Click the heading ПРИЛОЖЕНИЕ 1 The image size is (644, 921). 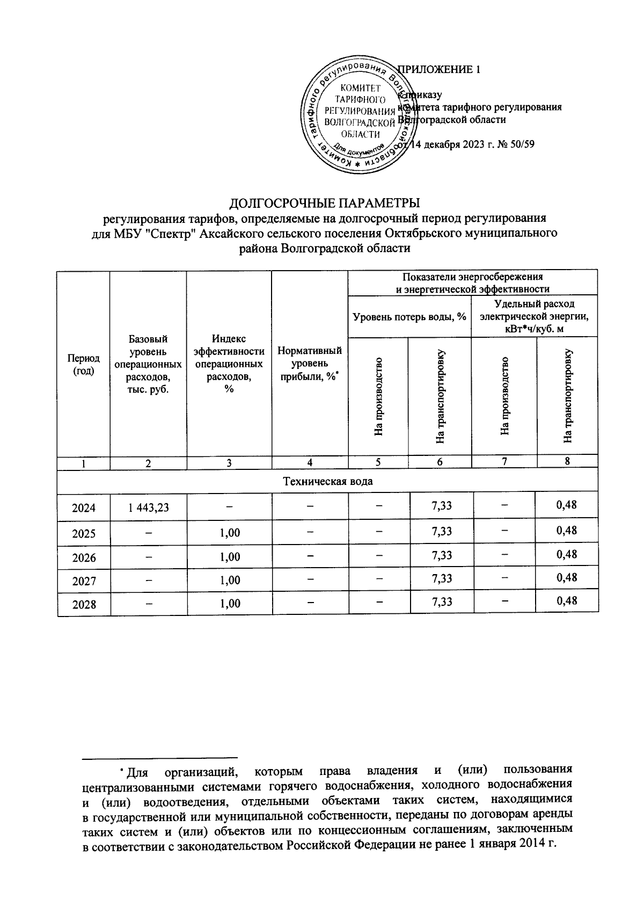click(x=436, y=69)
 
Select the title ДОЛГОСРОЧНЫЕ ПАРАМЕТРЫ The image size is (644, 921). click(x=324, y=203)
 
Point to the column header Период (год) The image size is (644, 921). click(x=83, y=364)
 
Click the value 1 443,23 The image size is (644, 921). click(x=149, y=506)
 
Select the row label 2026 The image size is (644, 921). click(x=84, y=557)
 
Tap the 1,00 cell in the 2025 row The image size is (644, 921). click(x=230, y=533)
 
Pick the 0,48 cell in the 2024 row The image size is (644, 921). click(x=567, y=505)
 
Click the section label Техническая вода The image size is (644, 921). click(x=327, y=481)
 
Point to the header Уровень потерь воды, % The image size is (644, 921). click(x=409, y=317)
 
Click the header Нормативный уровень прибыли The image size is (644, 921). click(x=310, y=364)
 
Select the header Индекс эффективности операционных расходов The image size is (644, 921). click(x=229, y=364)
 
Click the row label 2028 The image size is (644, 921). click(x=84, y=604)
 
